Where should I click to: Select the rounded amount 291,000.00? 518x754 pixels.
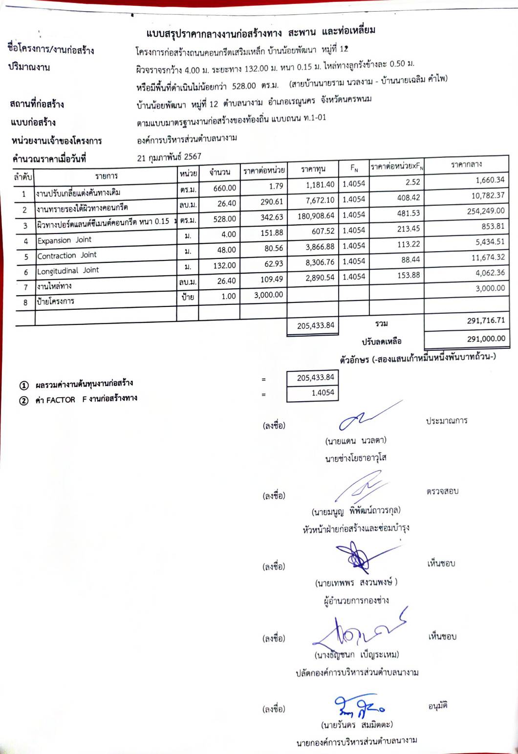click(486, 339)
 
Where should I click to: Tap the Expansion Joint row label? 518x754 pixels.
click(65, 240)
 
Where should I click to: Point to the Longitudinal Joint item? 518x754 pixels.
click(68, 270)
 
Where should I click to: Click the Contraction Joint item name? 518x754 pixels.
click(67, 255)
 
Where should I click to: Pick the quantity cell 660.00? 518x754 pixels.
click(225, 188)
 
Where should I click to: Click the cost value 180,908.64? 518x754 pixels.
click(316, 215)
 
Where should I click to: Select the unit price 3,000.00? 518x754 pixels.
click(268, 295)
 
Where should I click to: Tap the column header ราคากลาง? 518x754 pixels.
click(466, 165)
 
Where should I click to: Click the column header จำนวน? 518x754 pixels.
click(219, 172)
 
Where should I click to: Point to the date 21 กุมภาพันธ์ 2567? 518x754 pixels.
click(169, 157)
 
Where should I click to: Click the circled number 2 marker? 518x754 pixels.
click(23, 401)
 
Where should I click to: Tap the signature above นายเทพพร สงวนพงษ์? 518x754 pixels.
click(359, 557)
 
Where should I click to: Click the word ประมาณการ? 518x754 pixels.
click(446, 420)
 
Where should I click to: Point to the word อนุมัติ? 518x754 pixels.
click(438, 706)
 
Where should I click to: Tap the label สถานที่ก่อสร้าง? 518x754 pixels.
click(37, 104)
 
